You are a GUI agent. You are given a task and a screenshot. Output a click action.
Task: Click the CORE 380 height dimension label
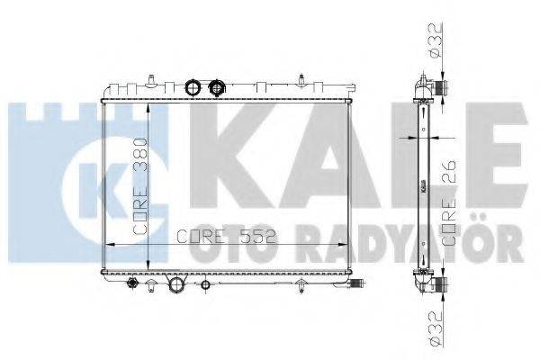tap(140, 185)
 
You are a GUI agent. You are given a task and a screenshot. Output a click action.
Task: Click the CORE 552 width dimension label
tap(227, 237)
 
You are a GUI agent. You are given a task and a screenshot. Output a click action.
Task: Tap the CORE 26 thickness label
tap(449, 202)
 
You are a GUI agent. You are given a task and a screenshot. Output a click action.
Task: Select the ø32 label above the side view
tap(435, 40)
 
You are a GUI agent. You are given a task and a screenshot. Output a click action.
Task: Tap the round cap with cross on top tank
tap(217, 87)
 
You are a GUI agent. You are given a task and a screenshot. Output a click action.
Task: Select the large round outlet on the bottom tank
tap(176, 284)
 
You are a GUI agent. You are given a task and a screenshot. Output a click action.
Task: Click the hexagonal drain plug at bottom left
tap(132, 283)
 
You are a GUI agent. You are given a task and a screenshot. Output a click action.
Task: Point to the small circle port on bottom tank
tap(205, 285)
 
